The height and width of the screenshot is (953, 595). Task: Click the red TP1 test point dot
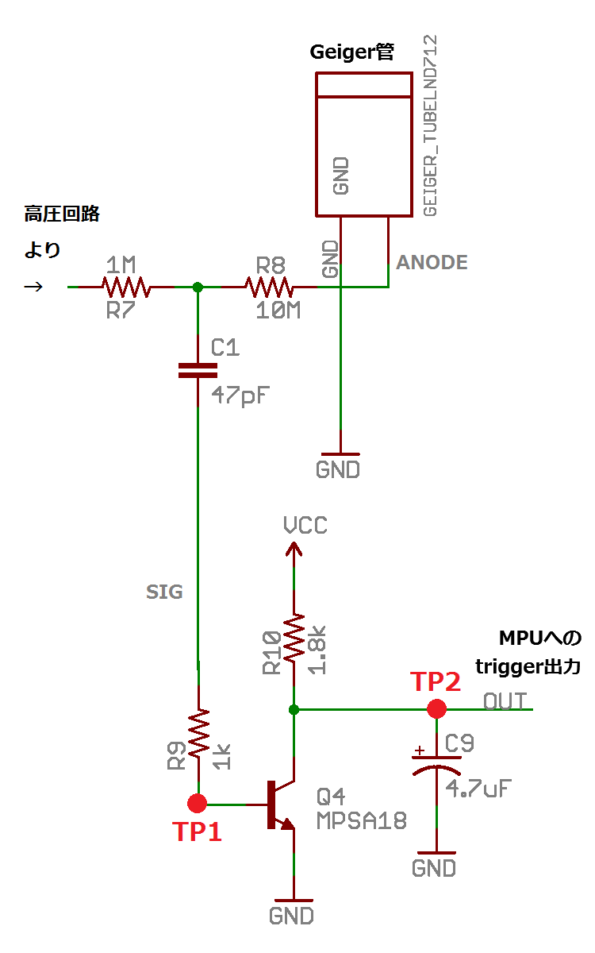(198, 803)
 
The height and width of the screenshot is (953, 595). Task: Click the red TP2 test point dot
(436, 708)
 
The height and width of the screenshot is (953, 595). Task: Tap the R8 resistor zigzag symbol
(270, 287)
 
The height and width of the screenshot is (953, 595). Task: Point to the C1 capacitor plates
(198, 370)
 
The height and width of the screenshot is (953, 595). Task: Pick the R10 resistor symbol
(294, 639)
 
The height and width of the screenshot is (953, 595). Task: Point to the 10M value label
(278, 311)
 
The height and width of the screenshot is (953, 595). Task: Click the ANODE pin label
(432, 262)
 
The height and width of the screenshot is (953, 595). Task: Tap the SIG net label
(164, 592)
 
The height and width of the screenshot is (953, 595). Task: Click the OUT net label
(505, 701)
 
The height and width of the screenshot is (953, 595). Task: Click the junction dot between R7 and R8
(198, 287)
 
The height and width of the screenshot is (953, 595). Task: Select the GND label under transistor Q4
(292, 916)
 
